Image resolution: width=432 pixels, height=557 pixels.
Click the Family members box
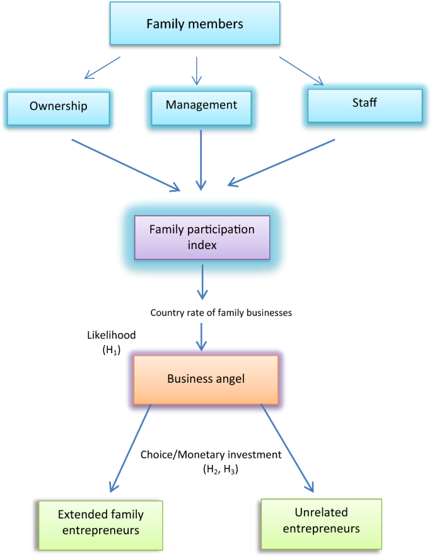point(195,25)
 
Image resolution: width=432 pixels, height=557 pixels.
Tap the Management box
point(201,105)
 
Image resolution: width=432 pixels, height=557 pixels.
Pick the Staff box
point(365,103)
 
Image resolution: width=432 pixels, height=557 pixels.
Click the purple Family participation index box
point(202,237)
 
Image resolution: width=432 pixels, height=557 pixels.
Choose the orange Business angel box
point(206,379)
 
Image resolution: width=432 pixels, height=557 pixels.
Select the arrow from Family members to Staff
point(301,70)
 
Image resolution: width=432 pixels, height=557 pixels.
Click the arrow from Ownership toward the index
point(126,164)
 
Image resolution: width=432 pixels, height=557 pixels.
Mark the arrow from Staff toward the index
point(281,163)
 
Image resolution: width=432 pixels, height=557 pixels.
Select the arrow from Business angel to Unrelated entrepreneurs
point(286,447)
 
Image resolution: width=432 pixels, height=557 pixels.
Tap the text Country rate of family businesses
point(221,312)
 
